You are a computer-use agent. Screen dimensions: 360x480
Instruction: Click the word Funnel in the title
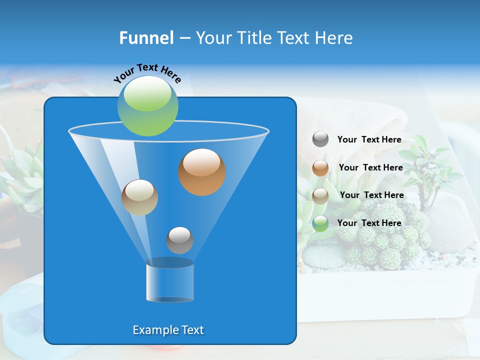tap(146, 38)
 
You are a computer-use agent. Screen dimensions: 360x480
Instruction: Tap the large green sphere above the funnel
tap(148, 105)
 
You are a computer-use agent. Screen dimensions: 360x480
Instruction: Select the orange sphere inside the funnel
tap(202, 172)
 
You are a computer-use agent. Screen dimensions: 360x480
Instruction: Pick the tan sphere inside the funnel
tap(139, 197)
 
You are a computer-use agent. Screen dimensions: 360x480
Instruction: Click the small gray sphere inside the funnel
tap(179, 240)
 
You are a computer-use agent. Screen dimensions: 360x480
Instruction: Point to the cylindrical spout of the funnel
tap(170, 282)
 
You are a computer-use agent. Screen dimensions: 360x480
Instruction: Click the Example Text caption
tap(168, 330)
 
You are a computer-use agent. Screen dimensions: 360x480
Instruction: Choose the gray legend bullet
tap(320, 139)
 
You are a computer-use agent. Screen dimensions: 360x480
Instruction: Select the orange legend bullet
tap(320, 168)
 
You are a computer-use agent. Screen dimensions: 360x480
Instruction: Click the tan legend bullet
tap(320, 195)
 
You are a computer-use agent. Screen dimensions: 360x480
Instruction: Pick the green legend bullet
tap(320, 223)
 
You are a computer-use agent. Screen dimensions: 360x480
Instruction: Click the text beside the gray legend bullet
tap(369, 140)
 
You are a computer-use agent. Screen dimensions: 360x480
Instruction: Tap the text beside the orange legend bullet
tap(371, 168)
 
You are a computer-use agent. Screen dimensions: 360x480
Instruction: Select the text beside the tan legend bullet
tap(372, 195)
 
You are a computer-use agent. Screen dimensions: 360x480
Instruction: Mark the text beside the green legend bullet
tap(369, 223)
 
